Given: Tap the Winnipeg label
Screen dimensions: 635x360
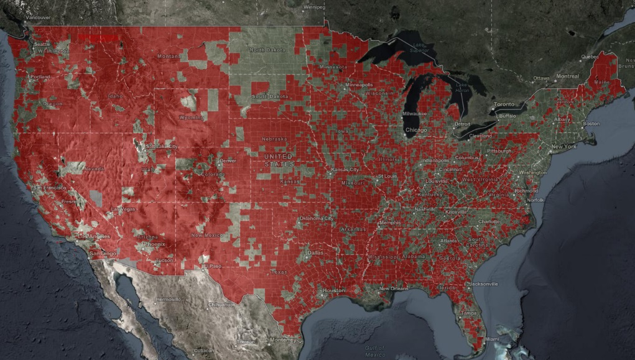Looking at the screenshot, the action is [x=314, y=7].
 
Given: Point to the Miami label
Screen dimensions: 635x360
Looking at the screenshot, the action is [x=492, y=339].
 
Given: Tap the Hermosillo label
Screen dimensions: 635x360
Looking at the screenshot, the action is [x=169, y=299].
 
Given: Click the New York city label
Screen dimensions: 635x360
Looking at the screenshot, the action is [x=563, y=146].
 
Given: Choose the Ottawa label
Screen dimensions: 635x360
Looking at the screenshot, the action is [x=541, y=78].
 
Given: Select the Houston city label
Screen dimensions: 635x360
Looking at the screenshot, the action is [x=333, y=291].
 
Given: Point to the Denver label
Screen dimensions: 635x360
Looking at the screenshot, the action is [x=228, y=160].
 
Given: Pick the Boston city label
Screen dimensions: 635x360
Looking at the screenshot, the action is [x=591, y=123].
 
